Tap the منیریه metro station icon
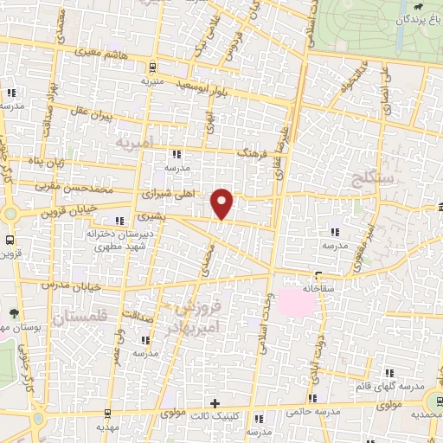tap(152, 67)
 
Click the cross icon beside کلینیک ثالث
tap(215, 403)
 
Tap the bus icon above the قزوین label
tap(10, 240)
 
